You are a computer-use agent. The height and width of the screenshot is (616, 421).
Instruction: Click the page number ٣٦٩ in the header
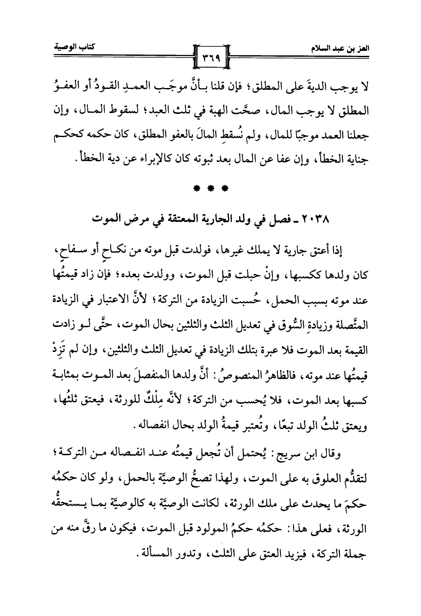point(210,57)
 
